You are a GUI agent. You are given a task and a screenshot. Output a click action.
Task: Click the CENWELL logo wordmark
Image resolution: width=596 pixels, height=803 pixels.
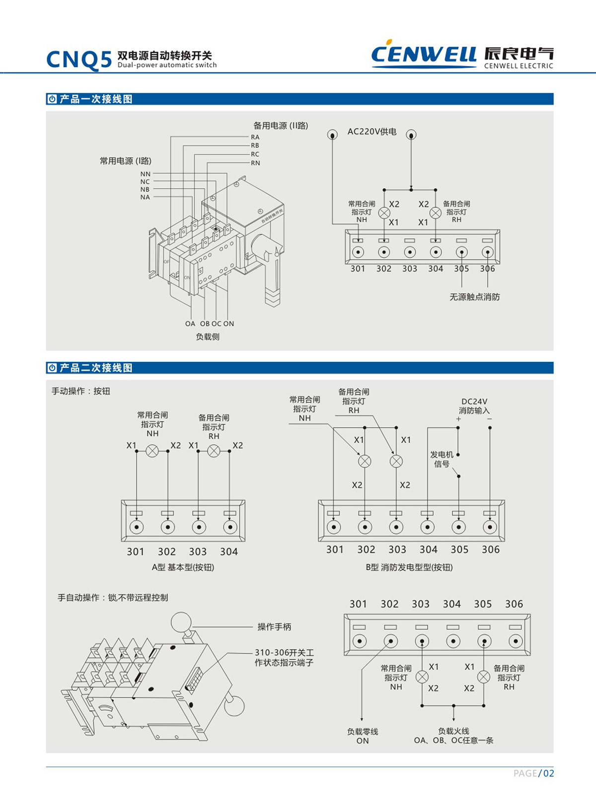point(423,54)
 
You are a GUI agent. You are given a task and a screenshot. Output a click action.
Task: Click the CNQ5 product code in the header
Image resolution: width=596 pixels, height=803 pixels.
point(79,60)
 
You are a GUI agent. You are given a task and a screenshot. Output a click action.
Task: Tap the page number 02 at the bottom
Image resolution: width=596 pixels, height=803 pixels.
point(548,773)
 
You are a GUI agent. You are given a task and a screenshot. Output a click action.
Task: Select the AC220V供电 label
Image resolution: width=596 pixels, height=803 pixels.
point(372,132)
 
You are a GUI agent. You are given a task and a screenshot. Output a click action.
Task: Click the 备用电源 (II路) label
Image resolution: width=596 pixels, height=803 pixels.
point(281,126)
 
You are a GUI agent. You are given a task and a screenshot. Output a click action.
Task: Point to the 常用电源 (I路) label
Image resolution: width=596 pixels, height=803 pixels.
point(126,161)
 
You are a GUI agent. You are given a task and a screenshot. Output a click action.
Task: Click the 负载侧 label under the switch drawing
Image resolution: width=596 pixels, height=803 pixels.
point(208,336)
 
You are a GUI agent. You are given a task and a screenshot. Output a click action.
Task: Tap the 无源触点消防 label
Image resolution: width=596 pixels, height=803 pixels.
point(474,297)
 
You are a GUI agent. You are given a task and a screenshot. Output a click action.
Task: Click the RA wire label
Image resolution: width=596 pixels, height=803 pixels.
point(255,137)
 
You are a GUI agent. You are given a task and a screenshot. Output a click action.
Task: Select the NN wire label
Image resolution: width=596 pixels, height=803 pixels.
point(145,174)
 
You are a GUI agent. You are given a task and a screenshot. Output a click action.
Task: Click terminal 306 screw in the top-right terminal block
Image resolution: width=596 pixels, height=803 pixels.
point(487,253)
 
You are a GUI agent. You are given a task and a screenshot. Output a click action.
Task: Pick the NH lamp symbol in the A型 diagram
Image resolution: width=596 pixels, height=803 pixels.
point(152,451)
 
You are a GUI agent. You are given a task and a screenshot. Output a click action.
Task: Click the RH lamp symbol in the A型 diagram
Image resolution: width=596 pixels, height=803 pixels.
point(214,451)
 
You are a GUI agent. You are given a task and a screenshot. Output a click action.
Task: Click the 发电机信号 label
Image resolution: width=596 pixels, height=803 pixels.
point(442,459)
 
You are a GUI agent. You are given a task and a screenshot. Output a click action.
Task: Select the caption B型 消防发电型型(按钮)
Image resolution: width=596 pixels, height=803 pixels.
point(409,567)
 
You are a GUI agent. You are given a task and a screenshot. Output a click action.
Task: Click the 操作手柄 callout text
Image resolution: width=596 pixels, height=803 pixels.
point(274,627)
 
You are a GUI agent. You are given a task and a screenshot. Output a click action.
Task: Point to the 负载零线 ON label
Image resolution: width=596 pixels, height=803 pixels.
point(363,736)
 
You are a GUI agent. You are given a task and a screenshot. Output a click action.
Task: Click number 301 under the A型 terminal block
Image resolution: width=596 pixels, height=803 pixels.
point(135,551)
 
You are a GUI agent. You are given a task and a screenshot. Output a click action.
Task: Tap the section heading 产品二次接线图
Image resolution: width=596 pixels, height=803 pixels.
point(96,368)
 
